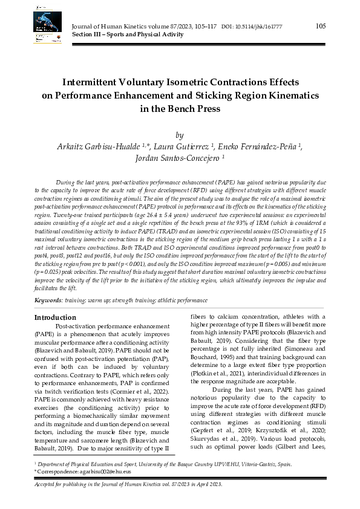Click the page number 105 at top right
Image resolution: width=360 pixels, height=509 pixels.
tap(321, 25)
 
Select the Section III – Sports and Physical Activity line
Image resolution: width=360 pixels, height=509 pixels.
tap(127, 35)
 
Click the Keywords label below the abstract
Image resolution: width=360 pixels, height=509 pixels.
tap(48, 300)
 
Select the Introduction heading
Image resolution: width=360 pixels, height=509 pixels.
tap(55, 317)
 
